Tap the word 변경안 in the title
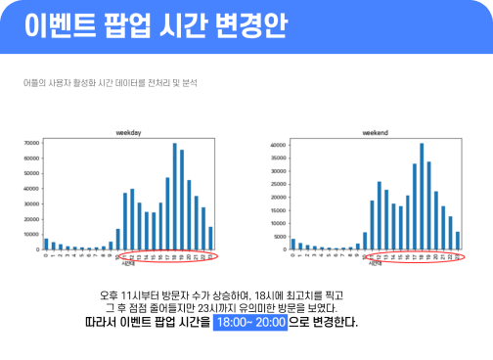pos(250,24)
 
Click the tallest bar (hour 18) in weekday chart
pos(175,197)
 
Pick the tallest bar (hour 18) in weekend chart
pos(422,197)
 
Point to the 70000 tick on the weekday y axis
pos(31,143)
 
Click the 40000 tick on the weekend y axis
pos(278,146)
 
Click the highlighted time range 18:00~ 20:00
pos(249,321)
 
